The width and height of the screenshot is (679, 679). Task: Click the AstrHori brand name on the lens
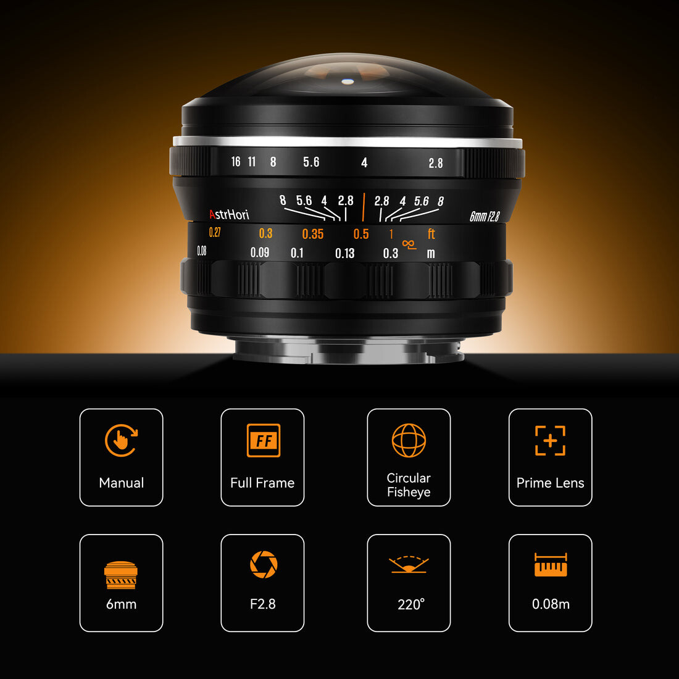pos(229,214)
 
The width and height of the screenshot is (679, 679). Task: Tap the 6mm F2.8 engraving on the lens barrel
pos(485,216)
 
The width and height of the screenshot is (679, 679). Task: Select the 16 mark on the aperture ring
pos(236,162)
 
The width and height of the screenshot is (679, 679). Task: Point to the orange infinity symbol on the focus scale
pos(409,244)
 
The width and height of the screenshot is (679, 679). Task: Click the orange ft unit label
pos(431,234)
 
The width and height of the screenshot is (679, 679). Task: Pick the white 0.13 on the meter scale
pos(344,253)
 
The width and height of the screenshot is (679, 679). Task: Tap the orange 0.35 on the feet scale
pos(313,235)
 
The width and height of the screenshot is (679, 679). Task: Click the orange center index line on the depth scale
pos(364,207)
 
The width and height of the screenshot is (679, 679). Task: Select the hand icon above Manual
pos(121,440)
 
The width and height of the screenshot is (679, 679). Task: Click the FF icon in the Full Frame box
pos(264,440)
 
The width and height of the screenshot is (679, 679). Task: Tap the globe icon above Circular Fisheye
pos(409,440)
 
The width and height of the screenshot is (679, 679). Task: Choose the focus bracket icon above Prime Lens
pos(550,440)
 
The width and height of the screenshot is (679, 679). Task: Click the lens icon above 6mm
pos(121,575)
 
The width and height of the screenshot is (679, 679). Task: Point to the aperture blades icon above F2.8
pos(264,564)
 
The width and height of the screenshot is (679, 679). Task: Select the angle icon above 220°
pos(409,564)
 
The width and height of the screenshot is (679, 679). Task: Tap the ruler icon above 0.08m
pos(551,565)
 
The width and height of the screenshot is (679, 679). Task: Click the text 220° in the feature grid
pos(411,604)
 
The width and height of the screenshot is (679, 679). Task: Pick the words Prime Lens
pos(550,483)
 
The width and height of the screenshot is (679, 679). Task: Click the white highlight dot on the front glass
pos(348,81)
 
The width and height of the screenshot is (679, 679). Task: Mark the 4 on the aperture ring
pos(364,163)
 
